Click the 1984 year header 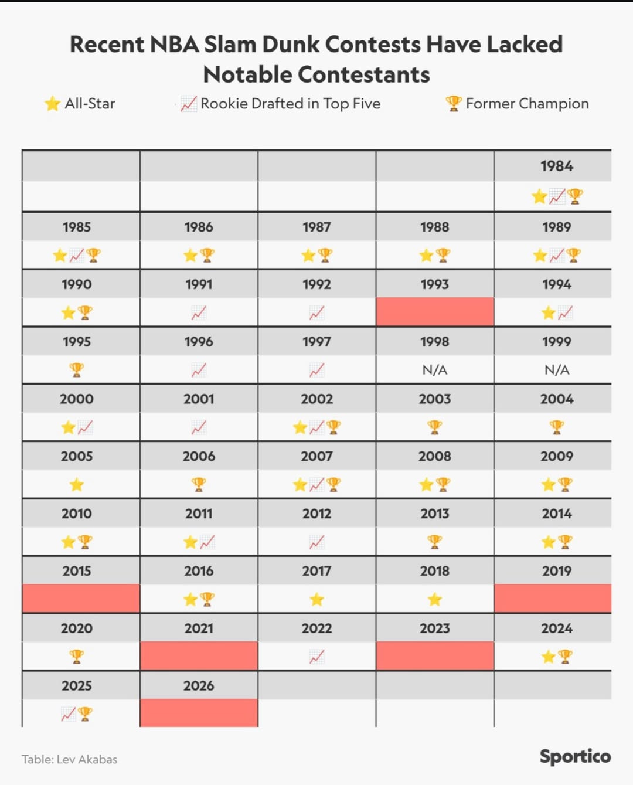point(556,166)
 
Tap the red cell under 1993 point(434,312)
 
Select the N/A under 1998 point(434,370)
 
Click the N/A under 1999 point(556,370)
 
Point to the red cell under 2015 point(81,599)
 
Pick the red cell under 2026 point(199,713)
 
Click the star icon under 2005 point(77,485)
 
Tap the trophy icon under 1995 point(77,370)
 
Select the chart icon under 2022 point(316,657)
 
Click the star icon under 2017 point(316,599)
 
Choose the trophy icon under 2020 point(77,657)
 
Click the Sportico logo point(575,756)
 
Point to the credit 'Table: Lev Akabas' point(70,759)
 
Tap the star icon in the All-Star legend point(52,104)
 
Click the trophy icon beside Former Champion point(454,104)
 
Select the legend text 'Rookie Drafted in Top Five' point(290,104)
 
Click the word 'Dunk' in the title point(291,45)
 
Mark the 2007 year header point(316,456)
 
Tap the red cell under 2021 point(199,656)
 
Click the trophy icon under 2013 point(434,542)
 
